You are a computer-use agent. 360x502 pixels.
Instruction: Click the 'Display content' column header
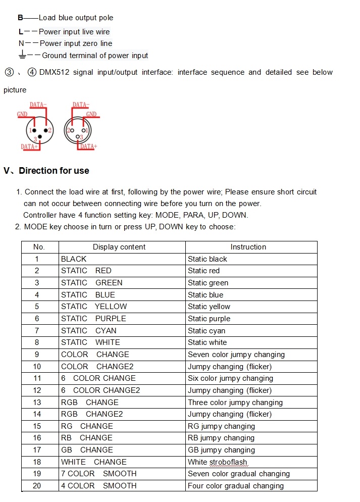(x=119, y=247)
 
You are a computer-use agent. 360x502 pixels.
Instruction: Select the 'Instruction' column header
(x=248, y=247)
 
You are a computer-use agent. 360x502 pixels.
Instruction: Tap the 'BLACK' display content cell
(x=74, y=259)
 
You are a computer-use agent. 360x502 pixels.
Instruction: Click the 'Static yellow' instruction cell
(x=209, y=307)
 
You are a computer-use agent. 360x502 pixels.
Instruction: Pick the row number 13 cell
(x=37, y=403)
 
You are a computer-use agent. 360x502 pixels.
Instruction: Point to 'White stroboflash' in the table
(x=218, y=462)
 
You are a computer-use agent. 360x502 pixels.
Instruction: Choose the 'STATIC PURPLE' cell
(x=93, y=319)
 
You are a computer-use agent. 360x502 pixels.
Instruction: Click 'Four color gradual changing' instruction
(x=236, y=486)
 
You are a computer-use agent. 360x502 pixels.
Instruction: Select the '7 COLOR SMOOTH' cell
(x=98, y=474)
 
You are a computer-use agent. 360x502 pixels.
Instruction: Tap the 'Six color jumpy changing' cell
(x=230, y=378)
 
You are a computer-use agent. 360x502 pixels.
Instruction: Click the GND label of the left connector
(x=22, y=114)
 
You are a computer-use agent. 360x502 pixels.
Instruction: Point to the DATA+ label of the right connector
(x=88, y=146)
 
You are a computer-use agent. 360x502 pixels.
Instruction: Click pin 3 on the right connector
(x=78, y=137)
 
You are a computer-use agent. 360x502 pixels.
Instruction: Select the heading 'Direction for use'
(x=54, y=171)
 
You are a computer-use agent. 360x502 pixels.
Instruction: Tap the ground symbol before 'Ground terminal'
(x=22, y=55)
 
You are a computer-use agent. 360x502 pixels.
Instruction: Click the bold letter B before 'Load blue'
(x=20, y=18)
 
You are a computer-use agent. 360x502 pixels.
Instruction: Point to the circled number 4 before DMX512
(x=32, y=72)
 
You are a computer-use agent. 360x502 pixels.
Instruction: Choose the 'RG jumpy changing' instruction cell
(x=221, y=426)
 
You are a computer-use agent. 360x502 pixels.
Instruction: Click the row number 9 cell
(x=37, y=355)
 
